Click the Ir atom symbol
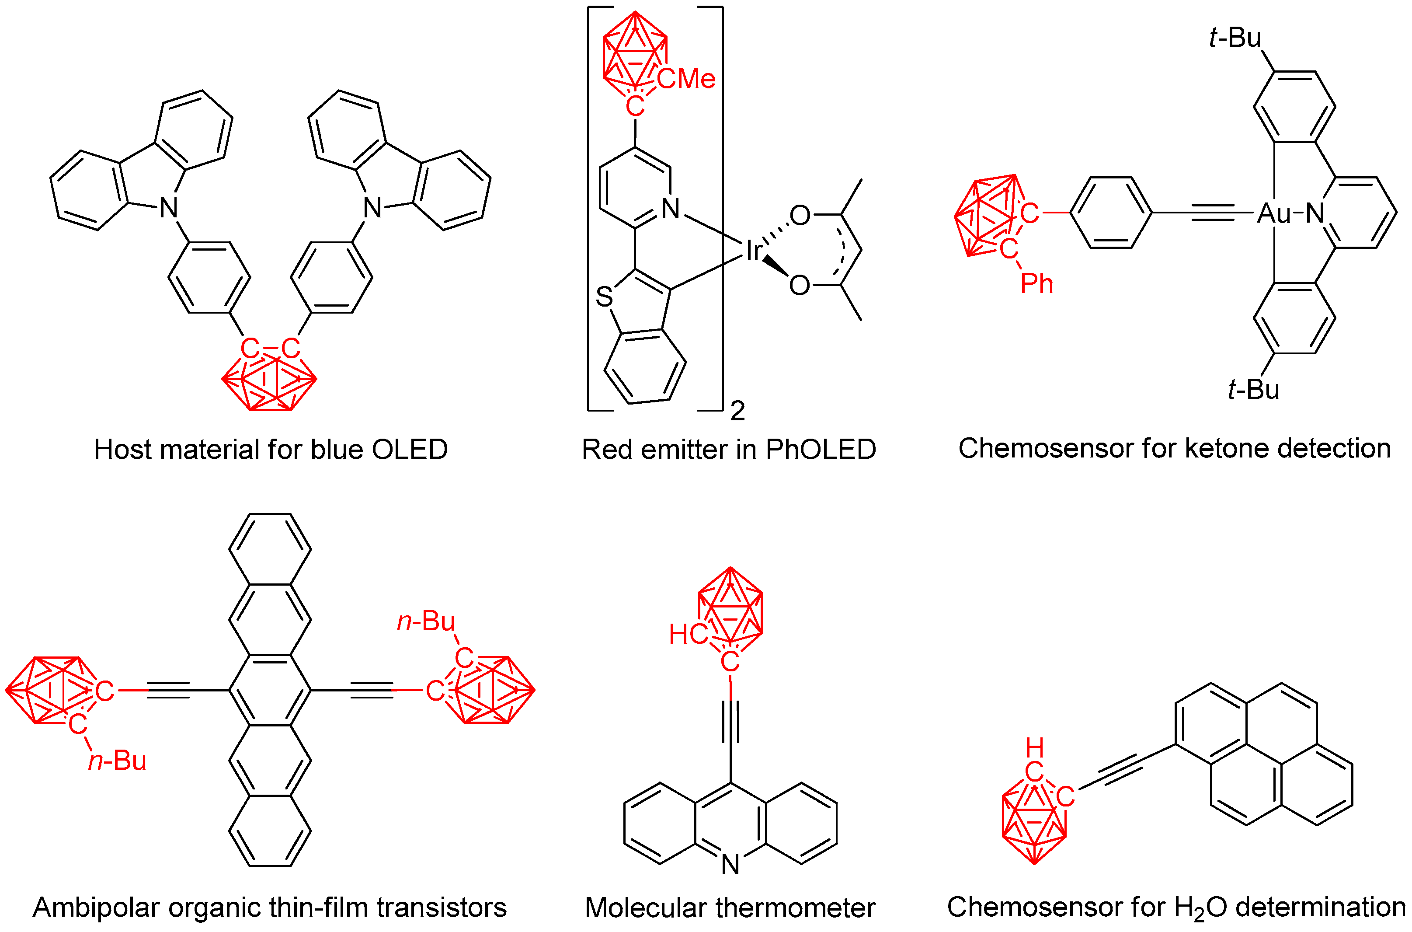pos(753,251)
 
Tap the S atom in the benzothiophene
pos(604,297)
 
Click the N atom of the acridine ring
pos(730,865)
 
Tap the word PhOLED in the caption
pos(821,449)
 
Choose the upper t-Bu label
pos(1235,38)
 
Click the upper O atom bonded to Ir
pos(800,215)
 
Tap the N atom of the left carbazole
pos(169,207)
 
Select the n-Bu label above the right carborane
pos(425,622)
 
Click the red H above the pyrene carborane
pos(1034,747)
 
